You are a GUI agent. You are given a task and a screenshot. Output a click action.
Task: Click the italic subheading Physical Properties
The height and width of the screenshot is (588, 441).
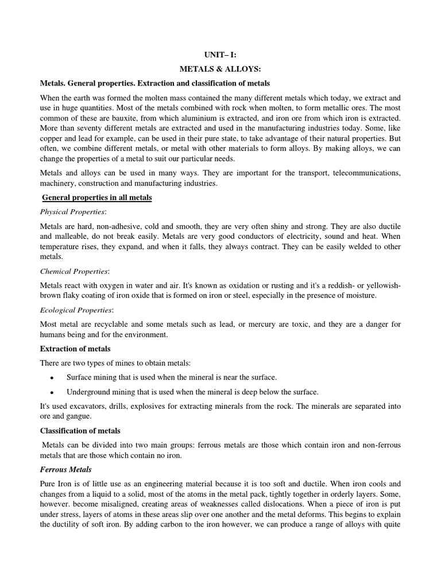coord(73,212)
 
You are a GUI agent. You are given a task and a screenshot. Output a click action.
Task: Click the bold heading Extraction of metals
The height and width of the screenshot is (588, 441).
coord(75,349)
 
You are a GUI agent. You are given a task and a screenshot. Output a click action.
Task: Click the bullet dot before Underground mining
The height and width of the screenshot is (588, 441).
coord(52,393)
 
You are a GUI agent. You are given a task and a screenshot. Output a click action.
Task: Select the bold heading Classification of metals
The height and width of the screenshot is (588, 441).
coord(80,431)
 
